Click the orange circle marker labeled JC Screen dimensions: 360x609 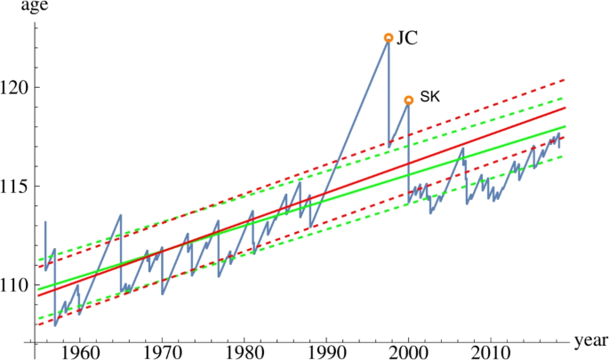[388, 37]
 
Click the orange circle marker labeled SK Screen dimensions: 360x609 [408, 100]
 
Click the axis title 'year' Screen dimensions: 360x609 [590, 341]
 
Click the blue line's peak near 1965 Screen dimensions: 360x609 [121, 215]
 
